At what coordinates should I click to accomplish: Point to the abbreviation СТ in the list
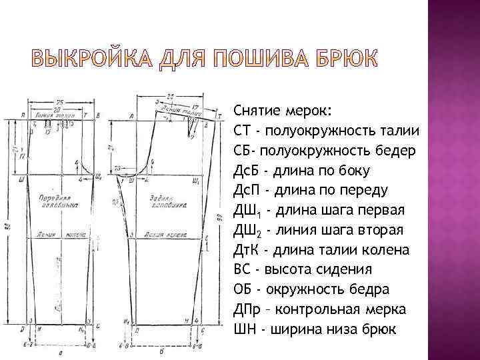[242, 130]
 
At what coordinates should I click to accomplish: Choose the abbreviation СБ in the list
[242, 150]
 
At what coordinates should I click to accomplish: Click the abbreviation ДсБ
[245, 170]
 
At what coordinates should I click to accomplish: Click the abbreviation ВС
[242, 270]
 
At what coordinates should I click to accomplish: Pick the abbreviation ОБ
[243, 290]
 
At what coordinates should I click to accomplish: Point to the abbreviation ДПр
[247, 310]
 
